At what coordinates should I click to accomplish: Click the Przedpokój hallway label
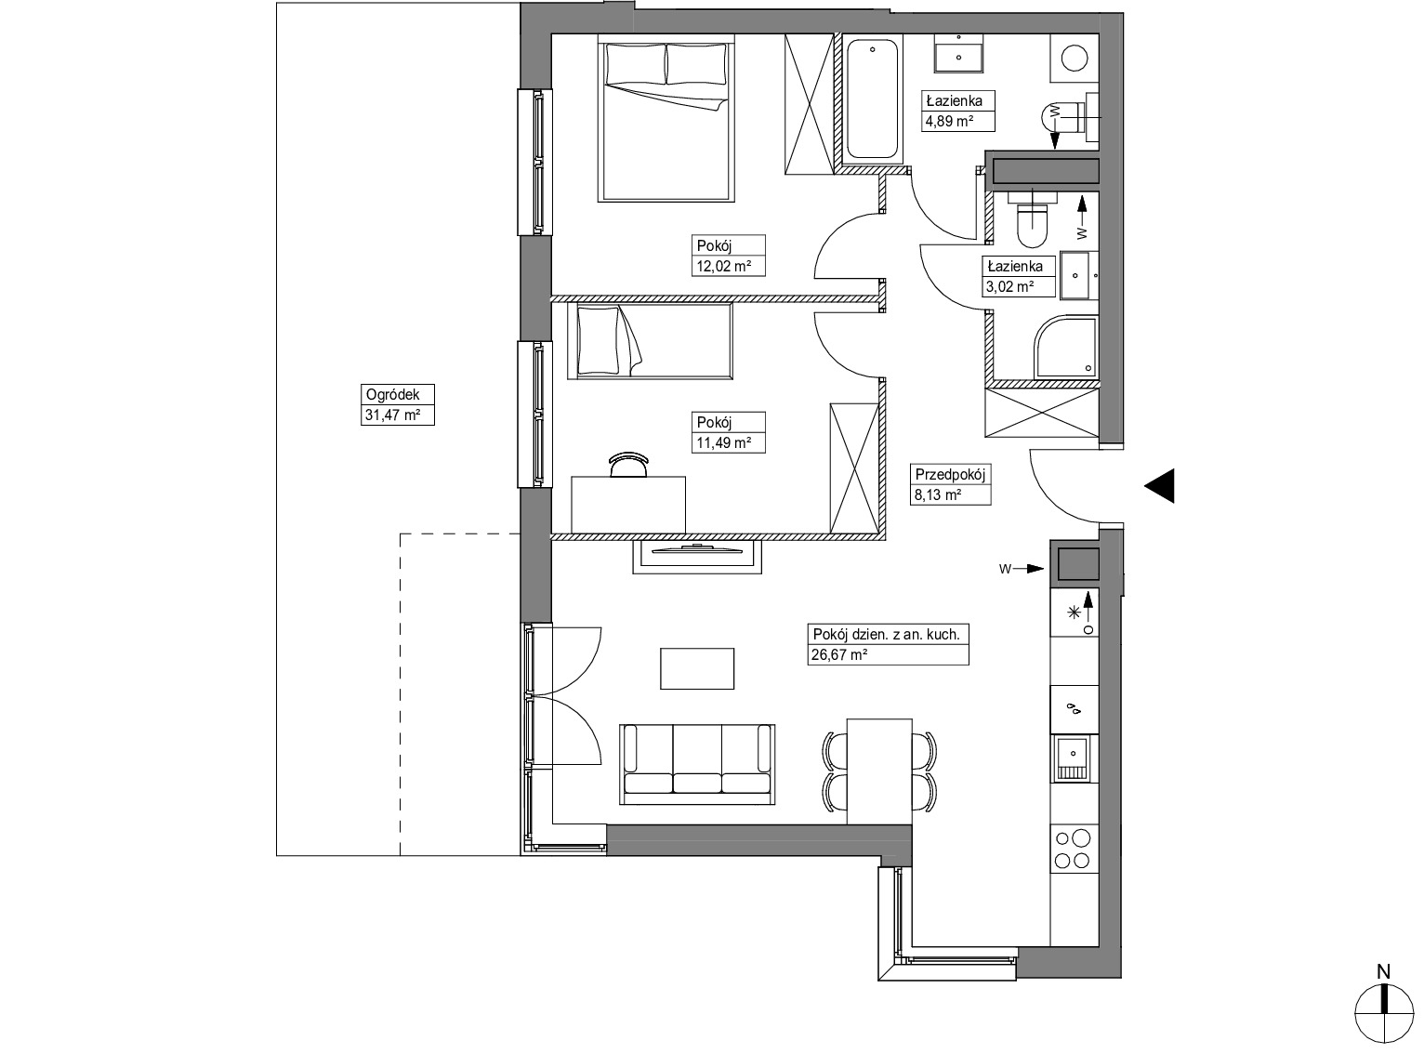(x=950, y=475)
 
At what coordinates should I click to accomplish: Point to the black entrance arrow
(x=1159, y=485)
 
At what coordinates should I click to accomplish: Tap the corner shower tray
(x=1064, y=347)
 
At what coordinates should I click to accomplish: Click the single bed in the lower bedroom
(x=650, y=341)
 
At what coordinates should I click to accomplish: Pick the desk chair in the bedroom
(x=628, y=464)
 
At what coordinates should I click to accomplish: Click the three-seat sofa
(x=696, y=764)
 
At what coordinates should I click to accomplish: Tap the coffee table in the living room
(x=697, y=668)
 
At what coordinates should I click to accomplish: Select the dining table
(x=879, y=771)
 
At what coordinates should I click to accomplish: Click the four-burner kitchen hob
(x=1073, y=850)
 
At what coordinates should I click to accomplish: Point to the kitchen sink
(x=1074, y=758)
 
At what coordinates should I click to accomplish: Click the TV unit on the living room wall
(x=696, y=556)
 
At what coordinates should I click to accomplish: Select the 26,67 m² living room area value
(x=839, y=654)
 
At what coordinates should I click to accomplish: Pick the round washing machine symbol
(x=1075, y=59)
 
